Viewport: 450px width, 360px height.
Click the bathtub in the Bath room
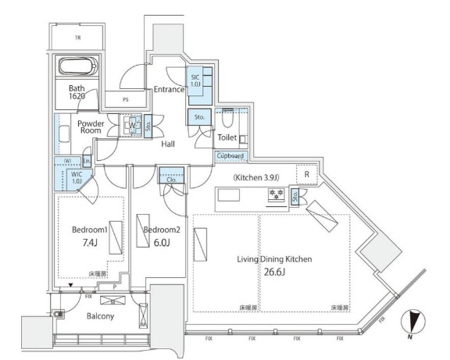pyautogui.click(x=76, y=66)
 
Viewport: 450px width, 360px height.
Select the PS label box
pyautogui.click(x=126, y=100)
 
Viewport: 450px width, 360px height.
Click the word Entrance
pyautogui.click(x=168, y=90)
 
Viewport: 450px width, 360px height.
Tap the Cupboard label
pyautogui.click(x=230, y=156)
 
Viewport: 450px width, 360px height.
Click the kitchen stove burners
pyautogui.click(x=276, y=193)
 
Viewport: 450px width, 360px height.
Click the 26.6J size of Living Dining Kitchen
pyautogui.click(x=270, y=272)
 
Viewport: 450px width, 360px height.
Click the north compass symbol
pyautogui.click(x=412, y=321)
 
